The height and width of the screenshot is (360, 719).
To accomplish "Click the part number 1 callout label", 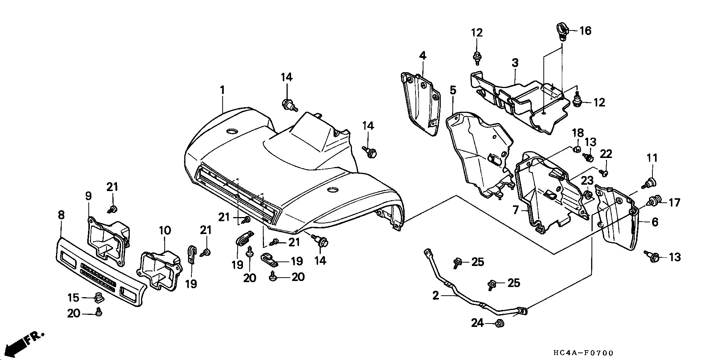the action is click(x=222, y=90).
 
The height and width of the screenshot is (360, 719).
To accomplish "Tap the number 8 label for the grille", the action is click(x=61, y=215).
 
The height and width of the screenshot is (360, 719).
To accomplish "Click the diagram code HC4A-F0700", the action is click(x=584, y=353).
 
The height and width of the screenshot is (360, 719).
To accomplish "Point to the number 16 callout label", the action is click(x=585, y=30).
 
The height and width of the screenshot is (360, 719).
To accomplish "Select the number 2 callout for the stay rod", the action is click(x=435, y=296).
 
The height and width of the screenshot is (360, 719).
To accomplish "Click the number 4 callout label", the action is click(x=423, y=56).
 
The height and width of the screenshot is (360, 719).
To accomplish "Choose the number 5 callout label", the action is click(x=453, y=90).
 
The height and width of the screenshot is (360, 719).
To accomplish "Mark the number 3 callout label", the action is click(x=515, y=63).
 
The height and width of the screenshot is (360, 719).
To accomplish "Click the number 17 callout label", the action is click(x=674, y=203).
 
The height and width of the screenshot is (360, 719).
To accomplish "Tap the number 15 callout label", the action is click(x=74, y=298).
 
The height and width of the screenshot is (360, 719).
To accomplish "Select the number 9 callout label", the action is click(x=89, y=196).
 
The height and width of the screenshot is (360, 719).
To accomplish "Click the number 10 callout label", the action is click(x=165, y=230).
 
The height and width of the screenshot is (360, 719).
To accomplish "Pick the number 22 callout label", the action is click(x=606, y=154).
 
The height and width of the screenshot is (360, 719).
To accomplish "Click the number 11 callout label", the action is click(x=652, y=158).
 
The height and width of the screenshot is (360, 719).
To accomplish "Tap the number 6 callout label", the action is click(x=655, y=222).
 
